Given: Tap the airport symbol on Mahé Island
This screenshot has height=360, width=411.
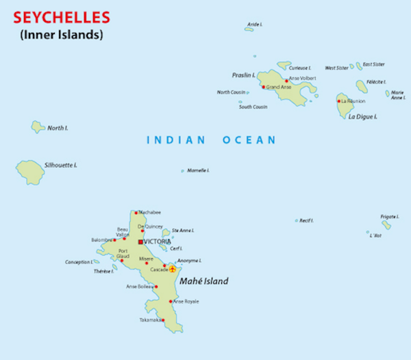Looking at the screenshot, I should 173,268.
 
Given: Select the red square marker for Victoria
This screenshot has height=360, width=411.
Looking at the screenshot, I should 140,242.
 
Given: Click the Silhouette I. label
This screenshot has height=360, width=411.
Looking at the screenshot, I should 60,165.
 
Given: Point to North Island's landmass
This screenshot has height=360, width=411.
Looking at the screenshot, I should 38,127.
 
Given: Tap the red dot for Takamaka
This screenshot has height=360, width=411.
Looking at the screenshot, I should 163,320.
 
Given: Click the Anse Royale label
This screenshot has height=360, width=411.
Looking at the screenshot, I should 186,301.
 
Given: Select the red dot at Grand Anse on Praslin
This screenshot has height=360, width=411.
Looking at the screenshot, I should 263,87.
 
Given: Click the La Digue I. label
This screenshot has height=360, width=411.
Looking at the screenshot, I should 363,117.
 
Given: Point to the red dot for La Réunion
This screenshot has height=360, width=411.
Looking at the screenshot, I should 339,101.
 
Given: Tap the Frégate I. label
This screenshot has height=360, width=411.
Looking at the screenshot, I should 390,216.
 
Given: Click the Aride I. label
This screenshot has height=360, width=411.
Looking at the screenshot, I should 255,24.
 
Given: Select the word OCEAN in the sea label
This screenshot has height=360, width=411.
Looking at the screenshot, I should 248,140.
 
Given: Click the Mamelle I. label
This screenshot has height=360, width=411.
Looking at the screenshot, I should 198,170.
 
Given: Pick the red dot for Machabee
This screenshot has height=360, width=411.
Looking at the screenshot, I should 136,212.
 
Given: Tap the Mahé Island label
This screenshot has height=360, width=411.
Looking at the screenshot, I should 203,281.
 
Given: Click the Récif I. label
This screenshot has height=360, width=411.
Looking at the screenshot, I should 306,220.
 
